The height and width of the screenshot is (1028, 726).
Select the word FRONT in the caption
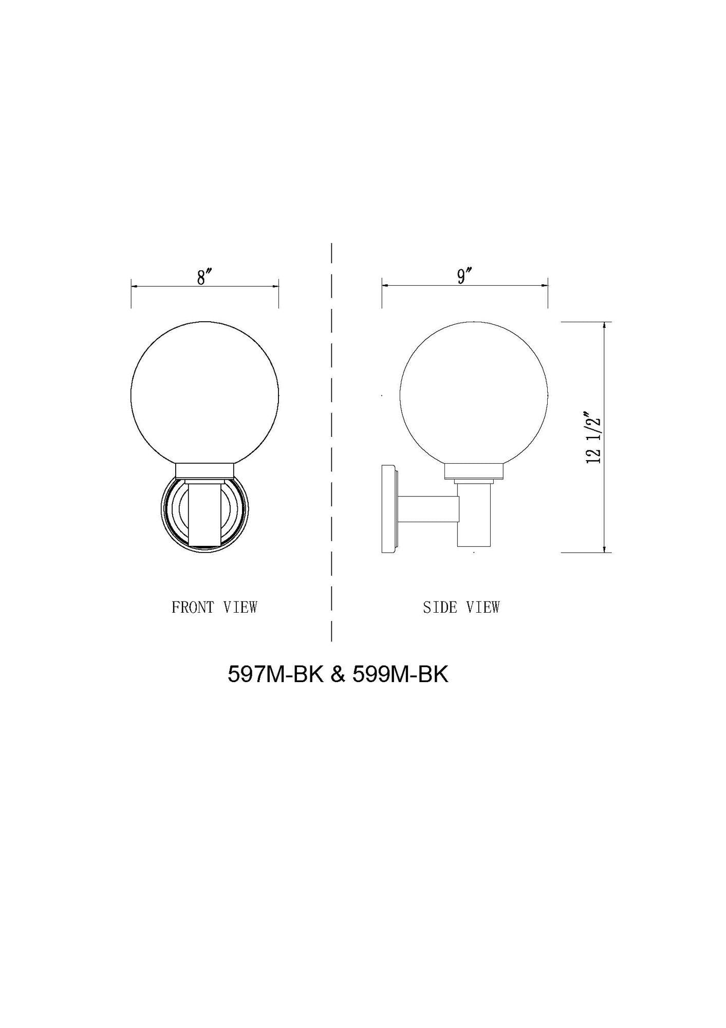pos(192,607)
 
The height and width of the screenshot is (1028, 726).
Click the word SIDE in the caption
pos(440,607)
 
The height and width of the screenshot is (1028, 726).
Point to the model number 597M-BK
pos(275,674)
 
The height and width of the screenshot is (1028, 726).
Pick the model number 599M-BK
pos(400,674)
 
